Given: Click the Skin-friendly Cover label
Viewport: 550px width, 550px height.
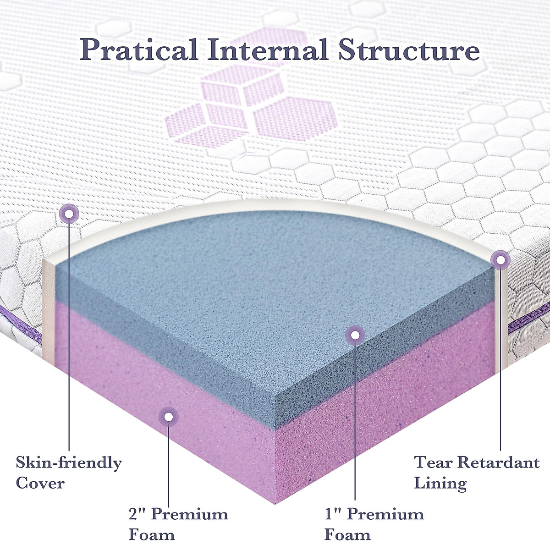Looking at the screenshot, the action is pos(69,472).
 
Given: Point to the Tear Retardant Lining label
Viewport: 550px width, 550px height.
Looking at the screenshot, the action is pos(477,472).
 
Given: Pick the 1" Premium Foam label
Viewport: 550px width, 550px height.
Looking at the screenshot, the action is pos(374,524).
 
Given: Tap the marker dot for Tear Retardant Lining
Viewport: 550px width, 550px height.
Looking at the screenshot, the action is pos(500,260).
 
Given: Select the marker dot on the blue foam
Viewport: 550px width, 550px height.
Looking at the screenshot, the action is pos(355,335).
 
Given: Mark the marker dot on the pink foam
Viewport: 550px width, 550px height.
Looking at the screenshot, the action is pos(168,416).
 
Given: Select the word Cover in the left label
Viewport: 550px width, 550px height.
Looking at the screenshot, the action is pos(40,483).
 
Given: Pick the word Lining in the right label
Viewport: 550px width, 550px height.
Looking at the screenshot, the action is pos(440,483).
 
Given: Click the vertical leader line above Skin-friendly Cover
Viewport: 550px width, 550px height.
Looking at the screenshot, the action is pos(69,335).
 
